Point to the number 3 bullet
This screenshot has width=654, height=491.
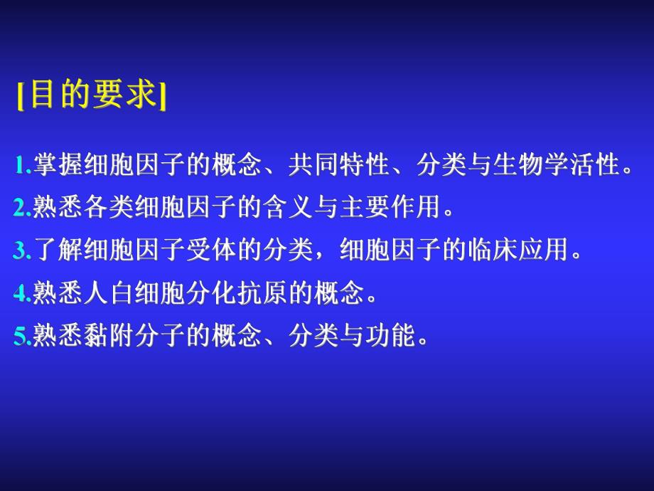(19, 250)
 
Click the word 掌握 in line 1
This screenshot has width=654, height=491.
(53, 167)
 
